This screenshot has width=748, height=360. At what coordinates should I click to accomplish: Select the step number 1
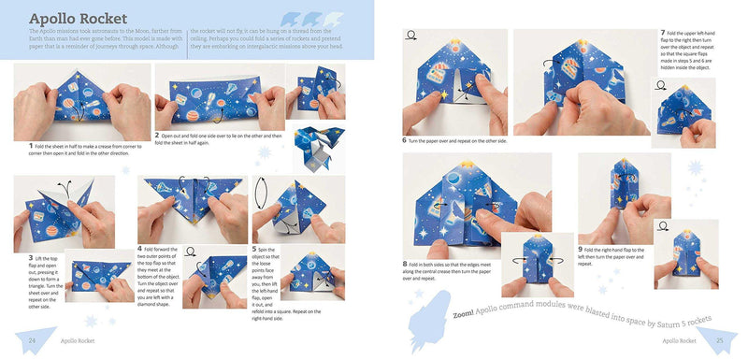(x=31, y=146)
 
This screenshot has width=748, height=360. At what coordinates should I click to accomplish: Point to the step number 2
(x=159, y=135)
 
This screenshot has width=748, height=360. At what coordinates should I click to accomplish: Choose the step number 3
(x=31, y=257)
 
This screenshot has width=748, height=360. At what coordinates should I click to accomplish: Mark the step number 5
(x=255, y=250)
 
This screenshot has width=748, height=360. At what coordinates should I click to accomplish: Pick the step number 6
(x=405, y=140)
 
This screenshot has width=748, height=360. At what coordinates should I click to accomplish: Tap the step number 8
(x=405, y=264)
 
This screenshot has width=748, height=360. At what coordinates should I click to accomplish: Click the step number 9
(x=581, y=248)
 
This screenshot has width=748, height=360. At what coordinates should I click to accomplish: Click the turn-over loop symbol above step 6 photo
(x=410, y=37)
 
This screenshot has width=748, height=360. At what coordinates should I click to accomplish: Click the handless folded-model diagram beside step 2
(x=313, y=150)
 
